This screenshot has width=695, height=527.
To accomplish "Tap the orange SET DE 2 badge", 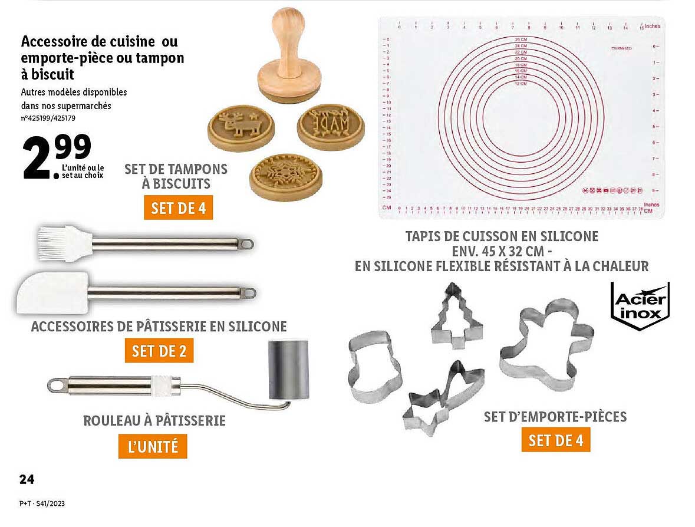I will pos(159,351).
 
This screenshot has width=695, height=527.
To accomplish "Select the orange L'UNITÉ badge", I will pos(153,446).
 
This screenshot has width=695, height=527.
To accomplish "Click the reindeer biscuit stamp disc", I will pos(238,127).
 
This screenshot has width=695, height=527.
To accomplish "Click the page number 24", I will pos(27,479).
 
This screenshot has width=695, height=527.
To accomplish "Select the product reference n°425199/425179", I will pos(49,118).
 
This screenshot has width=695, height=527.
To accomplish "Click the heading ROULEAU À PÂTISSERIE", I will pos(154,420).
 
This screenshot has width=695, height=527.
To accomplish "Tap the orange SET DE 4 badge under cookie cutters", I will pos(555,440).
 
